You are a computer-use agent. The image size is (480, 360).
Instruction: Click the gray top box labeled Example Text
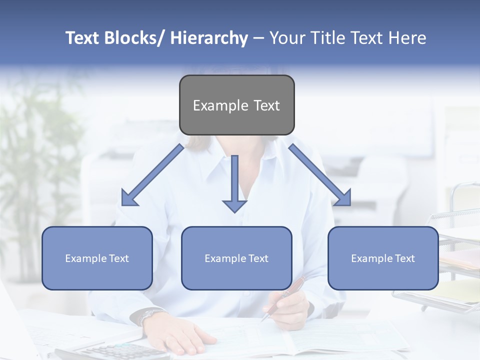(236, 105)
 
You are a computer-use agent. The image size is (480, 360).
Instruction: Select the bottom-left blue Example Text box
(97, 258)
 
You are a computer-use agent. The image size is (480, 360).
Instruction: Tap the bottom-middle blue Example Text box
(236, 258)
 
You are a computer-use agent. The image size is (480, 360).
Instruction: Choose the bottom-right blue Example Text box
(383, 258)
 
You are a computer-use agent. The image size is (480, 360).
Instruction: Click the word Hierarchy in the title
(209, 38)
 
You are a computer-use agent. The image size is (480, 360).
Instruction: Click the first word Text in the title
(82, 38)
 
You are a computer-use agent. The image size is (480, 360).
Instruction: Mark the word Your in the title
(287, 38)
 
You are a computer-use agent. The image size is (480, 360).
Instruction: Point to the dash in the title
(258, 38)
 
